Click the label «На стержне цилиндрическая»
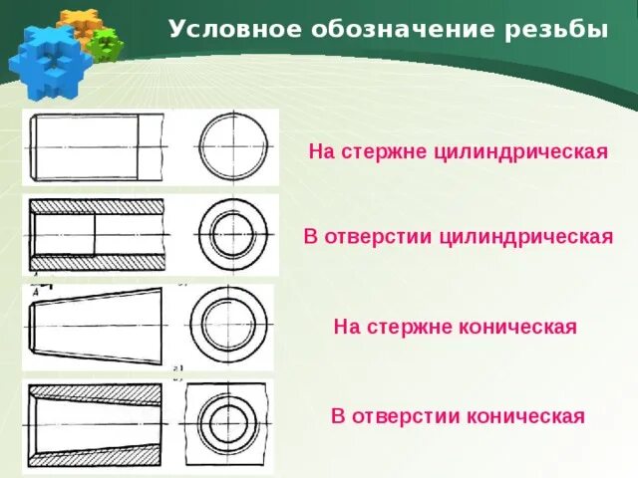(458, 152)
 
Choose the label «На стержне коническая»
(455, 327)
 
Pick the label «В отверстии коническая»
(458, 415)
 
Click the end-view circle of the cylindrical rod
(235, 146)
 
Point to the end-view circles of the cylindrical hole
(235, 237)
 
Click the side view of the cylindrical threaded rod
(98, 146)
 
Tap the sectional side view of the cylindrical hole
(98, 236)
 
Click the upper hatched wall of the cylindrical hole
(98, 205)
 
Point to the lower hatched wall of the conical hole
(98, 453)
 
